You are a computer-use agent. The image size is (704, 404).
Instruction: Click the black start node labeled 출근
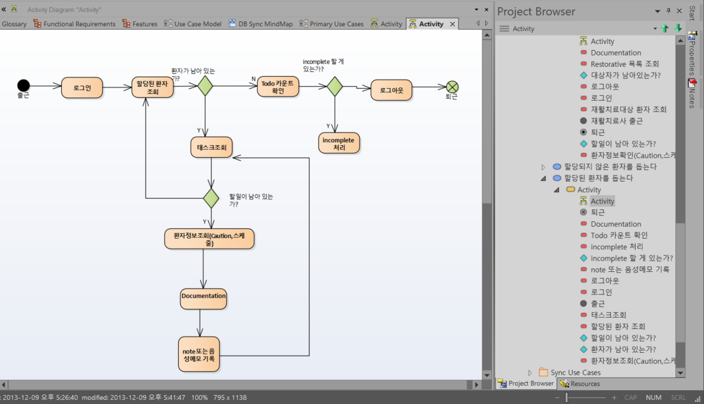[x=23, y=85]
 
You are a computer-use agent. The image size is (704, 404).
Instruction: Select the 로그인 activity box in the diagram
[x=82, y=87]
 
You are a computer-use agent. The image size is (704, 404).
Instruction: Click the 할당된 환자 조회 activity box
[x=152, y=87]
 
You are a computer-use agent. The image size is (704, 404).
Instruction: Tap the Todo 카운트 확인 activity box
[x=277, y=86]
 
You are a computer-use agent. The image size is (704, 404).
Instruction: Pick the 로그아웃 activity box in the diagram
[x=392, y=90]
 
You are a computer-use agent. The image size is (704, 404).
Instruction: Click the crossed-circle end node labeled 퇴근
[x=452, y=87]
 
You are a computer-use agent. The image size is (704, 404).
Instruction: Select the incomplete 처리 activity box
[x=339, y=143]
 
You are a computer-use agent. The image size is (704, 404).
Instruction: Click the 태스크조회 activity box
[x=211, y=147]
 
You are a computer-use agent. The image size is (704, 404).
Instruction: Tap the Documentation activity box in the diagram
[x=203, y=299]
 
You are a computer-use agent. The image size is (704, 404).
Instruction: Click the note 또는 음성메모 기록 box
[x=199, y=355]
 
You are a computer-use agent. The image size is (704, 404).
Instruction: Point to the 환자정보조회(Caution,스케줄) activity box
[x=209, y=239]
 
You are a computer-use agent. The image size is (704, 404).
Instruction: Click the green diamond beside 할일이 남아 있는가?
[x=211, y=198]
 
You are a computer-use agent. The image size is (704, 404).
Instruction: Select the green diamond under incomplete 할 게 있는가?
[x=334, y=86]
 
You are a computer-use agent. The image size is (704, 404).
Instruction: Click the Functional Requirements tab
[x=74, y=24]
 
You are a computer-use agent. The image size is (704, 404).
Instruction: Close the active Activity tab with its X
[x=453, y=24]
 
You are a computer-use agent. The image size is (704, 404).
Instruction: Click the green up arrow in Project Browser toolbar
[x=665, y=29]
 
